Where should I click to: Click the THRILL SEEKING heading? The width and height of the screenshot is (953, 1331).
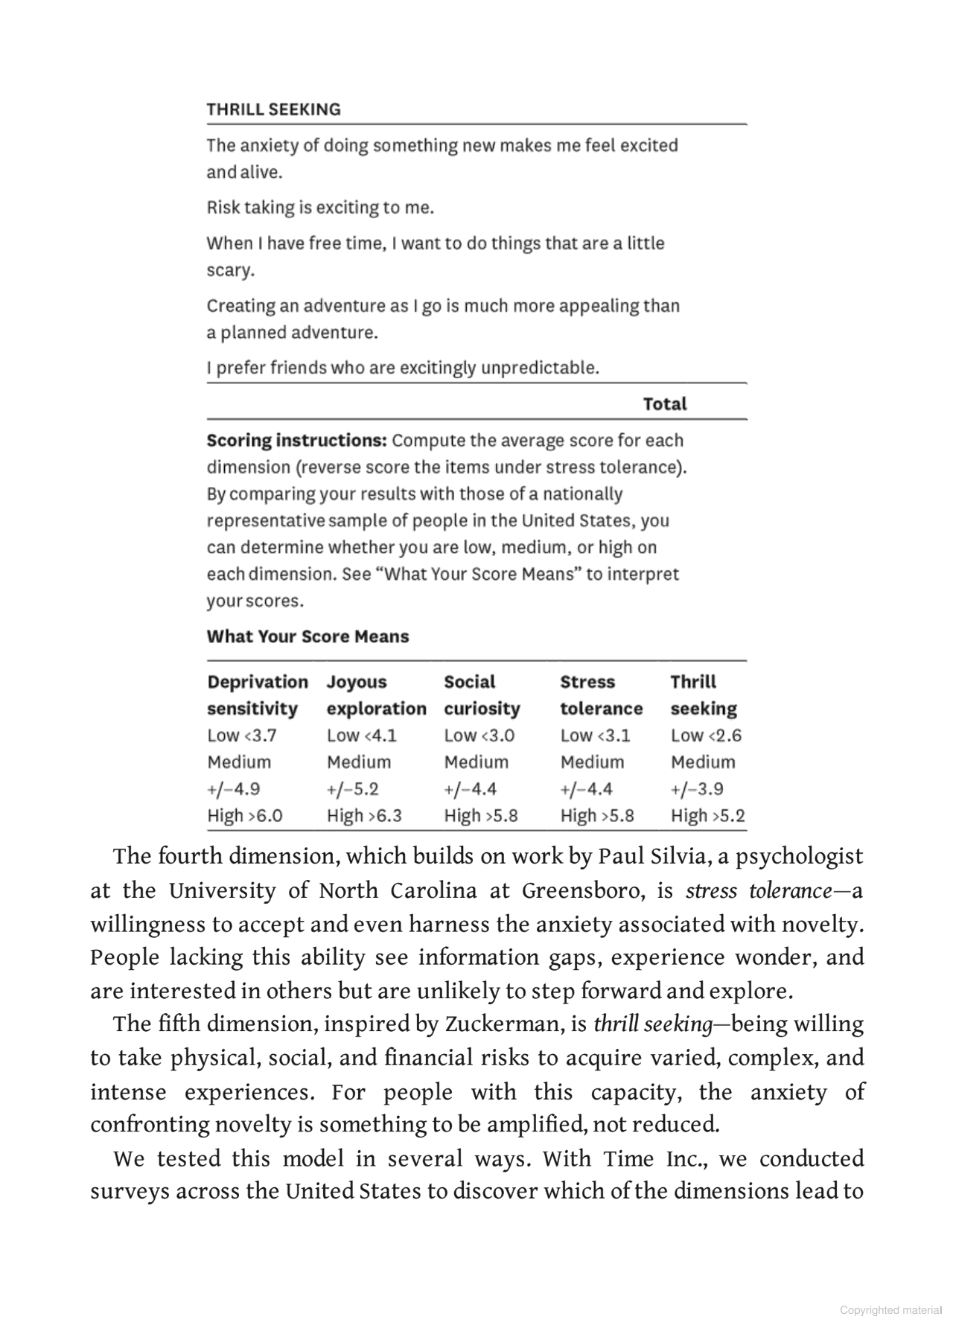[273, 109]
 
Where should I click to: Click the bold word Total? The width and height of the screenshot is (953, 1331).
[664, 404]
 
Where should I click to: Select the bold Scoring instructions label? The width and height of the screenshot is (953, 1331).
[296, 441]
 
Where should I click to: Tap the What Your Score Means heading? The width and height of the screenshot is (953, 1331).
[307, 636]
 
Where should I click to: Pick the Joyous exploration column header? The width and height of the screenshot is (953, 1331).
[376, 695]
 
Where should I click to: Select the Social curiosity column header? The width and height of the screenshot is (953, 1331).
[482, 695]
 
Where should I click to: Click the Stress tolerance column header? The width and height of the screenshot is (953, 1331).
[601, 695]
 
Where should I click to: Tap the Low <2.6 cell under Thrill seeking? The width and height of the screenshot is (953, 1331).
[705, 735]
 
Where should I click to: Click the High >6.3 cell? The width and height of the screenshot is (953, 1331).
[364, 816]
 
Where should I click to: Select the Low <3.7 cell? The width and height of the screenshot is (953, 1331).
[241, 735]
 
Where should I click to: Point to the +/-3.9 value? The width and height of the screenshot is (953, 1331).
[696, 789]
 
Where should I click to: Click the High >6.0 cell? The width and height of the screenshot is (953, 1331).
[244, 816]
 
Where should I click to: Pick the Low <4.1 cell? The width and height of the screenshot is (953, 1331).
[361, 735]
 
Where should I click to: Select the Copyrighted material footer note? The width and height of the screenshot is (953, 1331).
[890, 1310]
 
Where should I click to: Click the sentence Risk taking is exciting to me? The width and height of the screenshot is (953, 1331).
[320, 208]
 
